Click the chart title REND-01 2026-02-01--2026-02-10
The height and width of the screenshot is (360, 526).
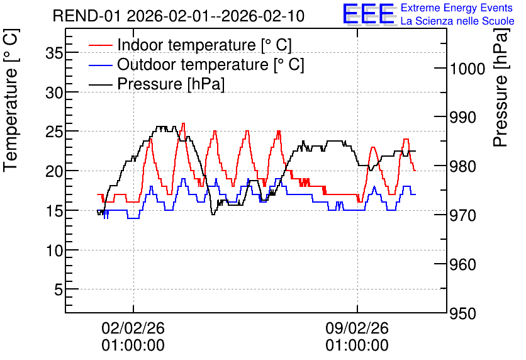click(x=179, y=16)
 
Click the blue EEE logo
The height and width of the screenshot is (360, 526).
click(x=368, y=14)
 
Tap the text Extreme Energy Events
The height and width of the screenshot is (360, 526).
click(x=457, y=8)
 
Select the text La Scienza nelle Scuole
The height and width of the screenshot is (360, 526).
click(x=457, y=21)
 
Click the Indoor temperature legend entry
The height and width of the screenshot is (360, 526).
click(x=190, y=45)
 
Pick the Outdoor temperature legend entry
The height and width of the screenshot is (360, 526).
click(x=196, y=64)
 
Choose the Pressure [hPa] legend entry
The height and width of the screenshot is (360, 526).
click(x=157, y=84)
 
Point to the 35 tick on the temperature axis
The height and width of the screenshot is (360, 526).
click(x=54, y=53)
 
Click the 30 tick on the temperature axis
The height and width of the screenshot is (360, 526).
click(x=54, y=93)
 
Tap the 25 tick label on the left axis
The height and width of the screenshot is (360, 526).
click(x=54, y=132)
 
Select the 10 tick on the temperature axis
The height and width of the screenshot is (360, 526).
click(x=54, y=250)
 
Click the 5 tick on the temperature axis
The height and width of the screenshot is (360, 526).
click(x=59, y=290)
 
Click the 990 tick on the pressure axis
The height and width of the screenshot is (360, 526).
click(x=463, y=118)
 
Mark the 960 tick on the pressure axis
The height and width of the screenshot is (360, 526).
click(x=463, y=265)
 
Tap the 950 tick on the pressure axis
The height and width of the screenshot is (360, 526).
click(x=463, y=313)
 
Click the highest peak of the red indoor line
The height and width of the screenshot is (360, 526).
click(x=183, y=123)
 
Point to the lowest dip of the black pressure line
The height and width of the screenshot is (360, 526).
click(x=213, y=214)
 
